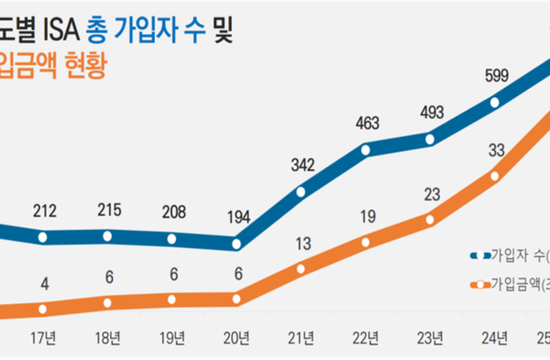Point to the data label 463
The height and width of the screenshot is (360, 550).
pyautogui.click(x=365, y=124)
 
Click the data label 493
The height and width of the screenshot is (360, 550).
pyautogui.click(x=430, y=113)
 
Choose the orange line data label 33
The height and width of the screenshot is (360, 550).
pyautogui.click(x=498, y=150)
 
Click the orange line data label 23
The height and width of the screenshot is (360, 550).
pyautogui.click(x=430, y=194)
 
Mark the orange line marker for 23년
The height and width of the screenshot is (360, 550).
pyautogui.click(x=430, y=218)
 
